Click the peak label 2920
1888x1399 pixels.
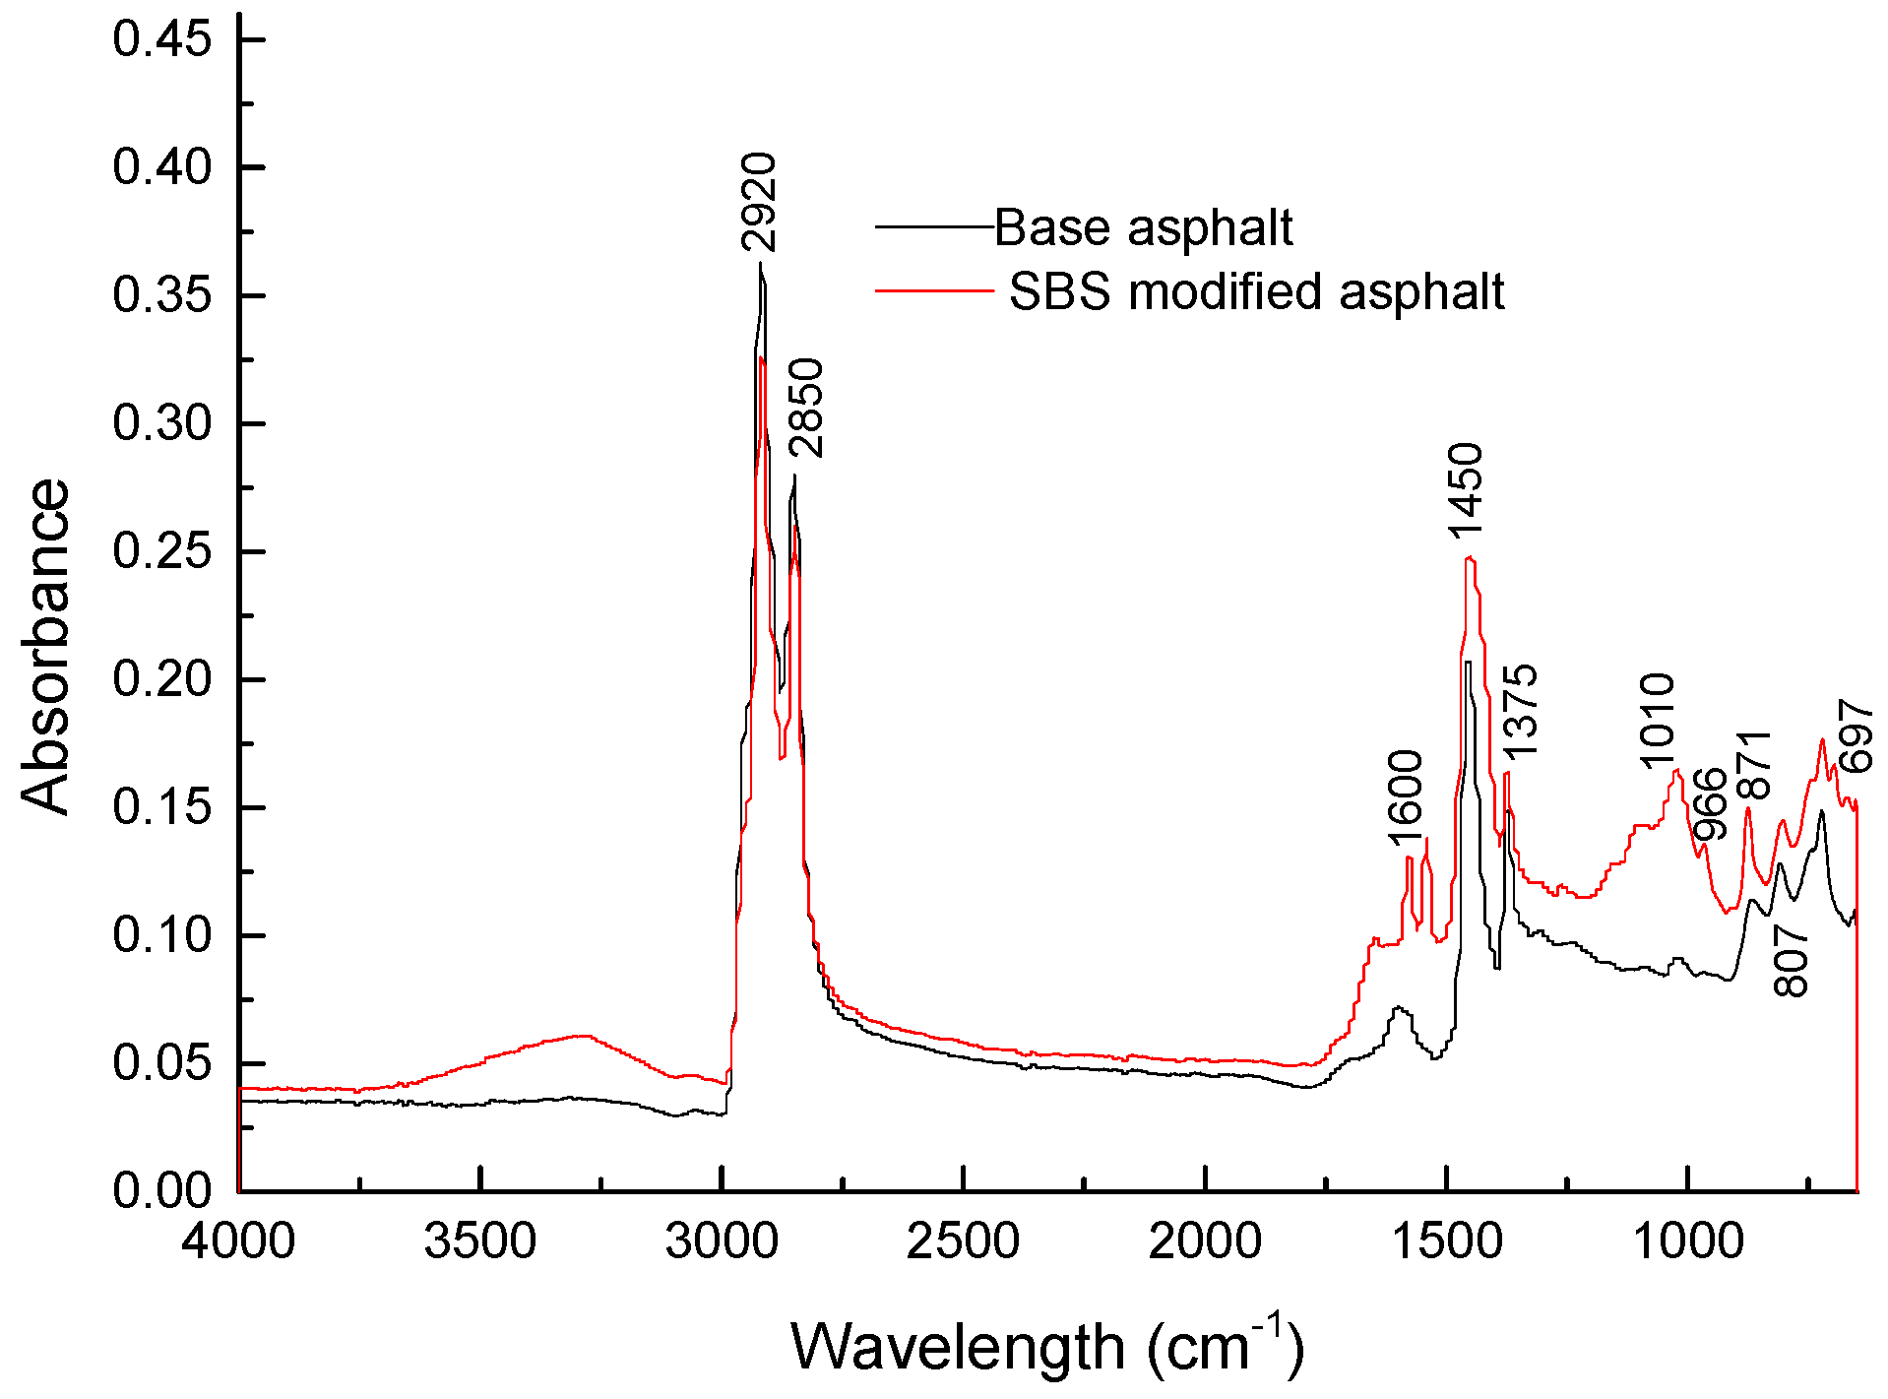coord(759,202)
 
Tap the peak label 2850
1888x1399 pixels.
coord(805,408)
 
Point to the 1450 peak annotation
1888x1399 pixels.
coord(1465,490)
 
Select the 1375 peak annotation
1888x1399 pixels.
coord(1520,711)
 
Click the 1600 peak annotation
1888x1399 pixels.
coord(1406,797)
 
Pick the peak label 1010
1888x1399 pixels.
coord(1658,721)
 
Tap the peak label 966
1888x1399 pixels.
coord(1711,802)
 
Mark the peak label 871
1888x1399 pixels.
coord(1754,766)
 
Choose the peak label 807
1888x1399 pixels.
coord(1792,961)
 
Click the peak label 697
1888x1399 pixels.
coord(1855,734)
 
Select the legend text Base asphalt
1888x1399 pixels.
coord(1144,227)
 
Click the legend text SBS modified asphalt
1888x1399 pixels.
coord(1257,291)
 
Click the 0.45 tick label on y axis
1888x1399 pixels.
coord(162,39)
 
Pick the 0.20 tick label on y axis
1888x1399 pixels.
coord(162,679)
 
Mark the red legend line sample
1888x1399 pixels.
coord(933,290)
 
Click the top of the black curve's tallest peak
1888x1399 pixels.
coord(760,264)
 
